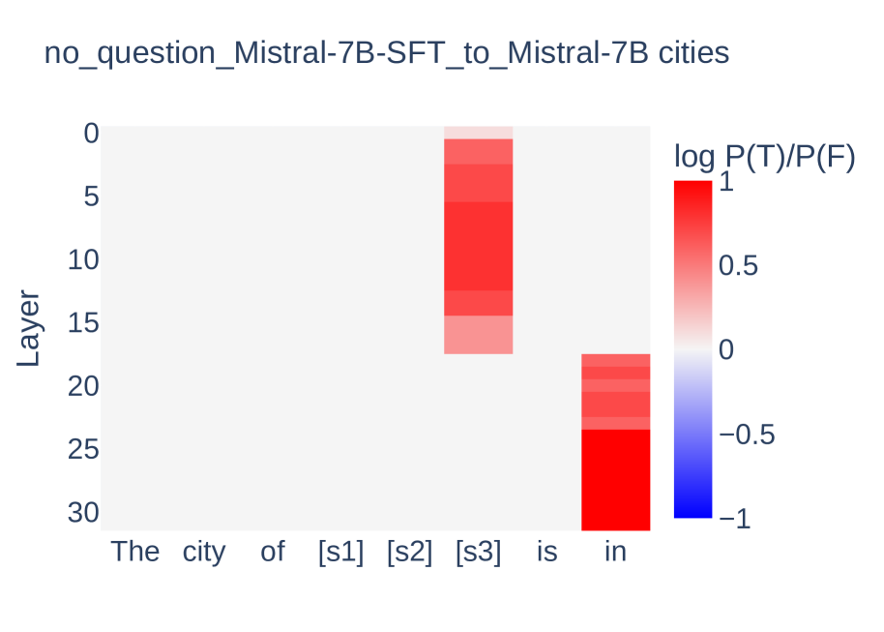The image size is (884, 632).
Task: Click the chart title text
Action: (x=387, y=53)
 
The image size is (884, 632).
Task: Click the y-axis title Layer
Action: (x=29, y=328)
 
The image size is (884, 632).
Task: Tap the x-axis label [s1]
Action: (x=340, y=552)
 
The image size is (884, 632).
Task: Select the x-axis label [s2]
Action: (x=409, y=552)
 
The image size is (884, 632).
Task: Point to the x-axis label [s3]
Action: (x=478, y=552)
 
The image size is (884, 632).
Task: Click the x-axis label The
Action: (x=135, y=552)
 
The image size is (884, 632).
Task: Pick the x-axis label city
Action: (x=204, y=552)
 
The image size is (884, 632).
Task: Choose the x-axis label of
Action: (x=273, y=552)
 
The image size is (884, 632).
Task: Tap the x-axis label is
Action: (x=546, y=552)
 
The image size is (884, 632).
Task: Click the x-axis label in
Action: (x=615, y=552)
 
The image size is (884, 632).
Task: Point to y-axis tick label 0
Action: (x=91, y=133)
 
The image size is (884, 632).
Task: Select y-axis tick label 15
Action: (x=83, y=322)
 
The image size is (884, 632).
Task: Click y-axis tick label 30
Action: (x=83, y=512)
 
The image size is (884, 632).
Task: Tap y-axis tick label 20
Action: (x=83, y=386)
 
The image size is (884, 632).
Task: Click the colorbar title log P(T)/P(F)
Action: (x=764, y=156)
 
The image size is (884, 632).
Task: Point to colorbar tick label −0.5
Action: (x=747, y=435)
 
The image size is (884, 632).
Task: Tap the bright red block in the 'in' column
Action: (x=615, y=479)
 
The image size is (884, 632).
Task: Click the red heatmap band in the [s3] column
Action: (x=478, y=247)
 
